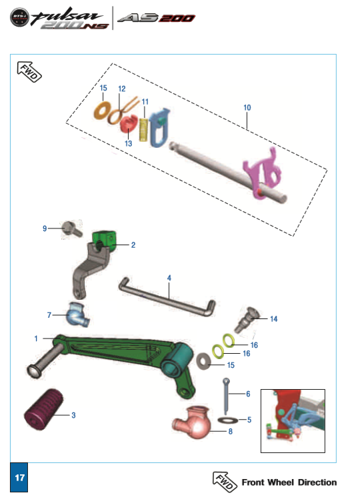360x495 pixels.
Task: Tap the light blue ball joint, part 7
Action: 78,312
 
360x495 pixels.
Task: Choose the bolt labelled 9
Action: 69,228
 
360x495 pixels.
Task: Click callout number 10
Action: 247,107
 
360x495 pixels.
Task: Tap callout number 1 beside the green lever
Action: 37,339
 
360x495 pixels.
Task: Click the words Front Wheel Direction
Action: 289,482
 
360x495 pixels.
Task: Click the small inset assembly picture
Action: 292,420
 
